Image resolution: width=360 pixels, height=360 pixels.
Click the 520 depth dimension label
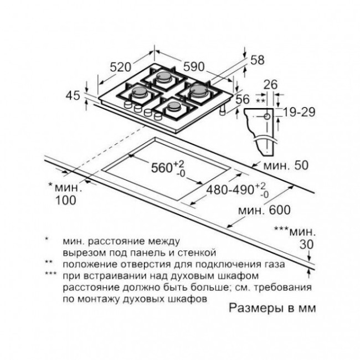tap(120, 67)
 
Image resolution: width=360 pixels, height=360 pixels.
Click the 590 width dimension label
tap(194, 66)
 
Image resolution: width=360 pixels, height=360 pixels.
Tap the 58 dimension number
tap(258, 60)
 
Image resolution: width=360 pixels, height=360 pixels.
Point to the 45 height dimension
tap(73, 95)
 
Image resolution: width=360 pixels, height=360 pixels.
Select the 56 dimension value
tap(243, 99)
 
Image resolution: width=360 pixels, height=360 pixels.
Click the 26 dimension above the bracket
tap(270, 85)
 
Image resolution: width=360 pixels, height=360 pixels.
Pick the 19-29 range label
tap(299, 112)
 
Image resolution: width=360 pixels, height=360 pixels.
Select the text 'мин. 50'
tap(286, 165)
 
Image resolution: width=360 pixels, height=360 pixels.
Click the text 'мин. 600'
tap(265, 210)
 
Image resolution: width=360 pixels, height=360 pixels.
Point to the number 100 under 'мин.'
tap(66, 200)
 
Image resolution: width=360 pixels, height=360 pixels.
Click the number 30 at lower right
tap(306, 244)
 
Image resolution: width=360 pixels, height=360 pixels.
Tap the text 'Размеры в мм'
tap(272, 308)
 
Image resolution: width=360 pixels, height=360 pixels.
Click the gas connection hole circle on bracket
tap(267, 117)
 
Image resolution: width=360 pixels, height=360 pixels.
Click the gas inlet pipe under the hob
tap(222, 111)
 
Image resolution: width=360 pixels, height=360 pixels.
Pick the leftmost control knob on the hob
tap(127, 105)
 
